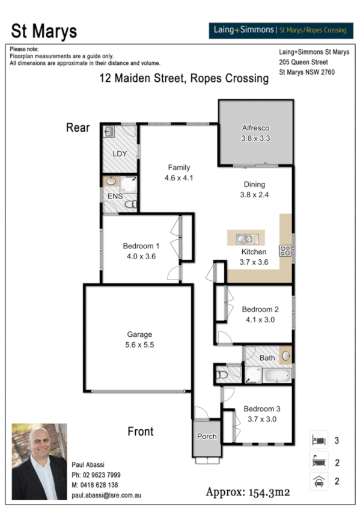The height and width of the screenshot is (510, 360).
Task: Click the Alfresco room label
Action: pyautogui.click(x=256, y=128)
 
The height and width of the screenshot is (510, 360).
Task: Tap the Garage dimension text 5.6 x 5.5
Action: pyautogui.click(x=139, y=345)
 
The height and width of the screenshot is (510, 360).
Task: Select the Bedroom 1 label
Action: pyautogui.click(x=141, y=245)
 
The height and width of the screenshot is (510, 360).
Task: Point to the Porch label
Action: pyautogui.click(x=207, y=437)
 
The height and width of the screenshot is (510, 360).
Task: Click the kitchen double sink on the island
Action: pyautogui.click(x=245, y=238)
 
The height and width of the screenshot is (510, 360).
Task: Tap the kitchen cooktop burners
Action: pyautogui.click(x=285, y=251)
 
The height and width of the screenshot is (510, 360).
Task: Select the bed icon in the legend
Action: pyautogui.click(x=318, y=440)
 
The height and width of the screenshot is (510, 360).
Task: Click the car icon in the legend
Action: pyautogui.click(x=318, y=481)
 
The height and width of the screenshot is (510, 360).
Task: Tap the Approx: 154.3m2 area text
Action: pyautogui.click(x=248, y=492)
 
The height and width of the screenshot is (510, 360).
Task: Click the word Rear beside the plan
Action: pyautogui.click(x=78, y=127)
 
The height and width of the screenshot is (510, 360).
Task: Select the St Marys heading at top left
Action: pyautogui.click(x=44, y=31)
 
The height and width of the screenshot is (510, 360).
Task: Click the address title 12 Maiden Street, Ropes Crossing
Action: pyautogui.click(x=184, y=79)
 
